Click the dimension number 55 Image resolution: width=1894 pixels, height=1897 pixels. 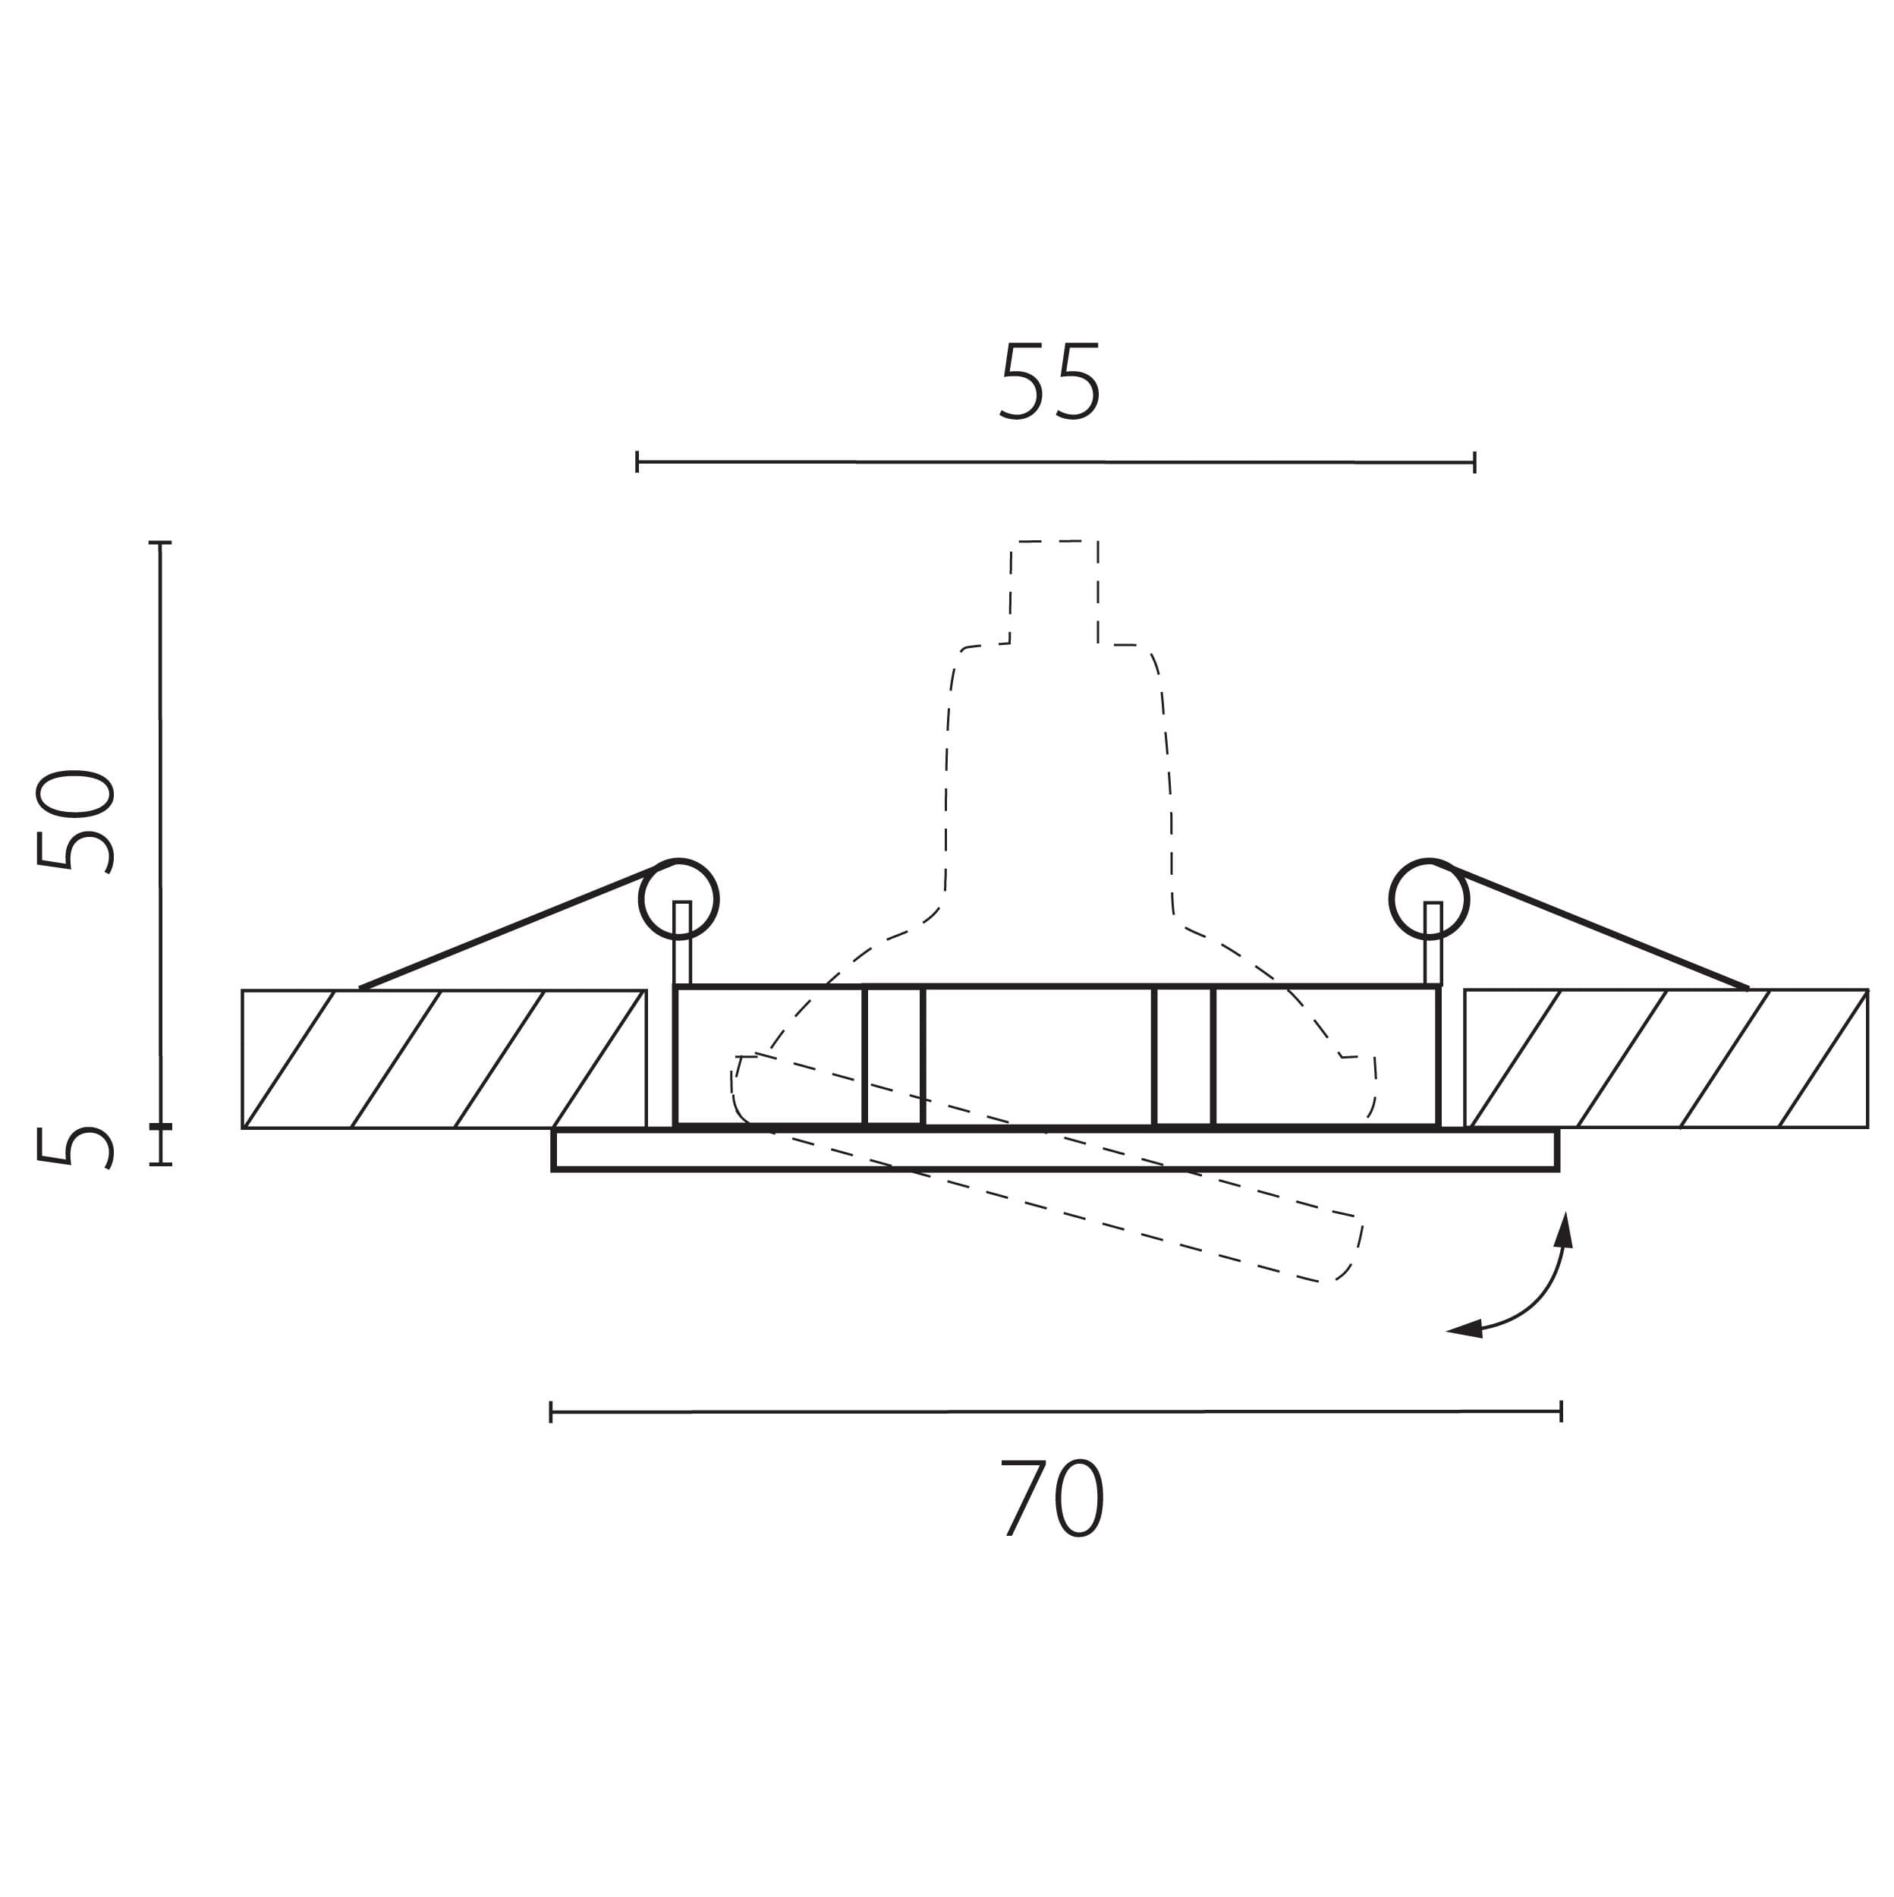pos(1049,381)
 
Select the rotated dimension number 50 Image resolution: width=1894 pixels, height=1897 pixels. pos(74,821)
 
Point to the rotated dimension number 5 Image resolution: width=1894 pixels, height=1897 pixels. pos(74,1147)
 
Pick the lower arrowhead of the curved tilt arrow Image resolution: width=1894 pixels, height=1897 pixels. pos(1465,1329)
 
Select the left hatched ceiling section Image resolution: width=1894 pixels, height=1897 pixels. pos(444,1059)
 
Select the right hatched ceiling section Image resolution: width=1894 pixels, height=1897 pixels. pos(1666,1059)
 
